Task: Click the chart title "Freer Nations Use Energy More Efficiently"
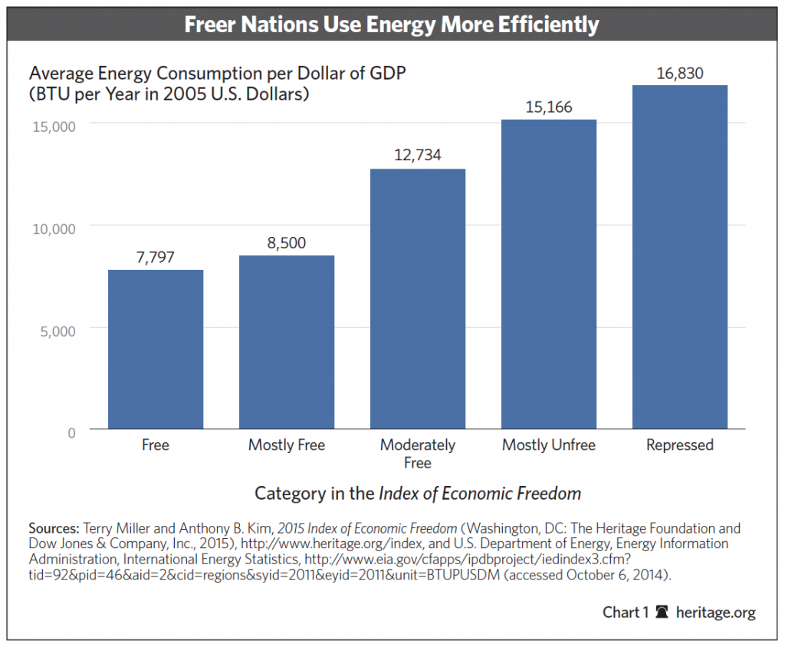[x=392, y=25]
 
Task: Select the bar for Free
[x=156, y=349]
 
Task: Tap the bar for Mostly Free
[x=287, y=342]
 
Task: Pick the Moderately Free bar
[x=418, y=299]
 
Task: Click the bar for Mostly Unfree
[x=549, y=274]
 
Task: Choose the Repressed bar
[x=679, y=257]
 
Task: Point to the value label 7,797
[x=156, y=257]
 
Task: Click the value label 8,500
[x=287, y=243]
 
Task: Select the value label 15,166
[x=549, y=107]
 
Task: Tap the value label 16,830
[x=679, y=73]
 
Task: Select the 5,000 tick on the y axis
[x=56, y=330]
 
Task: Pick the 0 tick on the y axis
[x=71, y=432]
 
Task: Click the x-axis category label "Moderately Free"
[x=418, y=454]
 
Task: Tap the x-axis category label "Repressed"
[x=679, y=445]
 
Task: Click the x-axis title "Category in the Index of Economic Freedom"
[x=418, y=493]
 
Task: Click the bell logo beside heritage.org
[x=662, y=613]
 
